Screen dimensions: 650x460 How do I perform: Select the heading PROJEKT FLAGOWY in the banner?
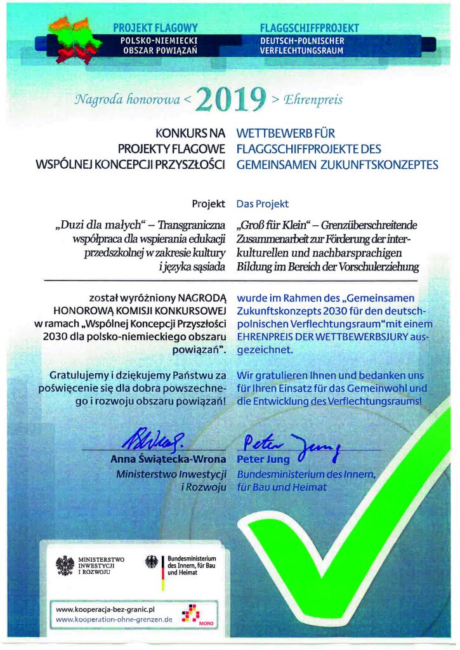155,28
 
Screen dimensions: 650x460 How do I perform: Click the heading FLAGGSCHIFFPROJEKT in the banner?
310,28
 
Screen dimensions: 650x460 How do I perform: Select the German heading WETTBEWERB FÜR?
285,134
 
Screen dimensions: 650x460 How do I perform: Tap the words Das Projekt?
262,204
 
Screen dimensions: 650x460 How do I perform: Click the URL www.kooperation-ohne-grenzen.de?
114,619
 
